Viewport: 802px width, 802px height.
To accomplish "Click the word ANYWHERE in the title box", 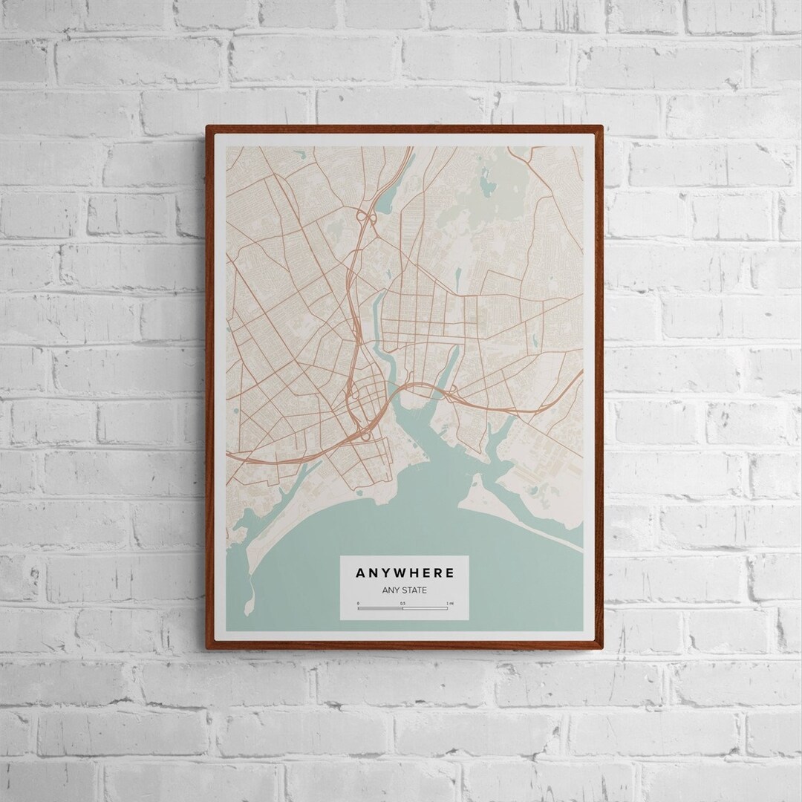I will [x=404, y=573].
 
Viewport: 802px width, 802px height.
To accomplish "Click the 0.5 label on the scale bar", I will [x=402, y=603].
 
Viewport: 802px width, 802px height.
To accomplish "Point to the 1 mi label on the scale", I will [x=447, y=603].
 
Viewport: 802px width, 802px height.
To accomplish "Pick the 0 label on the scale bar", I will [x=358, y=603].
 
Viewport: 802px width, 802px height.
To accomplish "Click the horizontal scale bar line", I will [x=402, y=608].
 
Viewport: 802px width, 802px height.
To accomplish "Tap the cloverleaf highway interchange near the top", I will [x=365, y=217].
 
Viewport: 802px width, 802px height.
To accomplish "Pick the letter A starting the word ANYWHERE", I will [x=360, y=573].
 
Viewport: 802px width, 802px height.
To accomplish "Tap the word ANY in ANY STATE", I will [x=391, y=591].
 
